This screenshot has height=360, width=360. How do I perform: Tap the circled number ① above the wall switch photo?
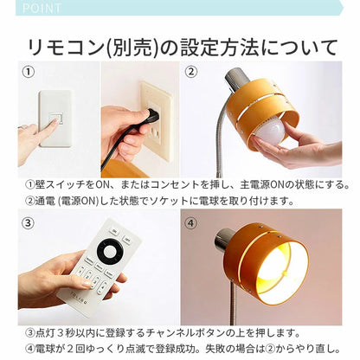coord(28,73)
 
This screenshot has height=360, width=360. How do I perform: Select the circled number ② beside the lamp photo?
coord(192,73)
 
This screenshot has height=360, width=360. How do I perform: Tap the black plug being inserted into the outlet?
coord(151,115)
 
